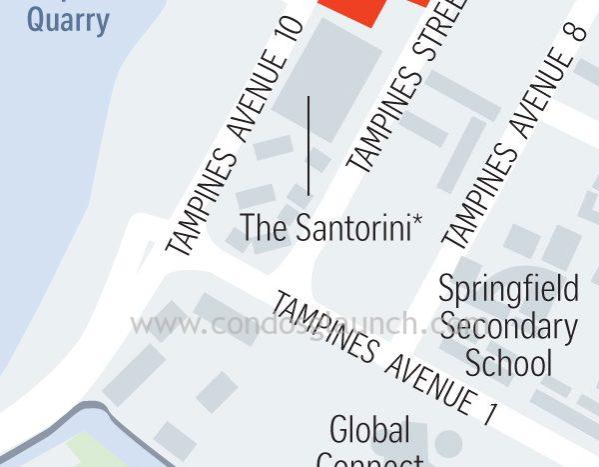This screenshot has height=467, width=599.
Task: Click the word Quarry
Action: pos(67,20)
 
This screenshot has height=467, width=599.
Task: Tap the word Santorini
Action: pos(353,227)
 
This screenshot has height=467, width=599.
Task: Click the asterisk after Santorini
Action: pos(417,221)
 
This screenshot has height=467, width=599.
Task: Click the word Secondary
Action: pos(508,327)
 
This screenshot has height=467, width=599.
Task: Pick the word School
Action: pos(508,361)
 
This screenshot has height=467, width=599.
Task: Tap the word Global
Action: pos(369,431)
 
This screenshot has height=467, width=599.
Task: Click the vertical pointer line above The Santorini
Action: pos(308,145)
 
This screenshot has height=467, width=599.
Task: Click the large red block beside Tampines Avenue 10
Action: pos(353,10)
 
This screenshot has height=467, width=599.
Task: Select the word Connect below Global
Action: pos(369,461)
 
